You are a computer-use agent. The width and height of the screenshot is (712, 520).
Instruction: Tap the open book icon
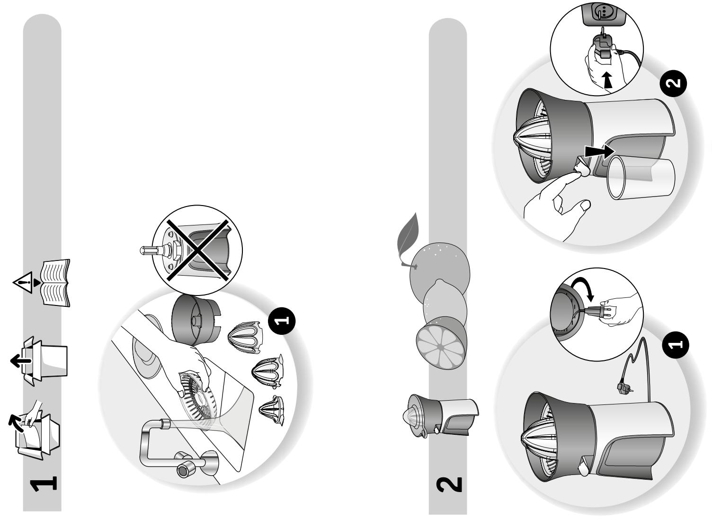pyautogui.click(x=56, y=283)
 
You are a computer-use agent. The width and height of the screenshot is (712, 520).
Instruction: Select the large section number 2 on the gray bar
pyautogui.click(x=449, y=484)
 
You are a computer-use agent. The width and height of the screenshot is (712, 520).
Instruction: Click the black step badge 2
pyautogui.click(x=673, y=83)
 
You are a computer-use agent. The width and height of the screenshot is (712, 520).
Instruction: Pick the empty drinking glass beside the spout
pyautogui.click(x=641, y=178)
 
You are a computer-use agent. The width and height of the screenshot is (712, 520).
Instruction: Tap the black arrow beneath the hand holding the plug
pyautogui.click(x=607, y=80)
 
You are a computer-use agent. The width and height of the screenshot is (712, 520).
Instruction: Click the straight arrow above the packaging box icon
pyautogui.click(x=21, y=361)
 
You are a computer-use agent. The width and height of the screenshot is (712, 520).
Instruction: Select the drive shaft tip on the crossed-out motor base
pyautogui.click(x=147, y=251)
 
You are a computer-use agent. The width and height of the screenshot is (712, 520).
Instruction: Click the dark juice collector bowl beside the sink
pyautogui.click(x=196, y=320)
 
